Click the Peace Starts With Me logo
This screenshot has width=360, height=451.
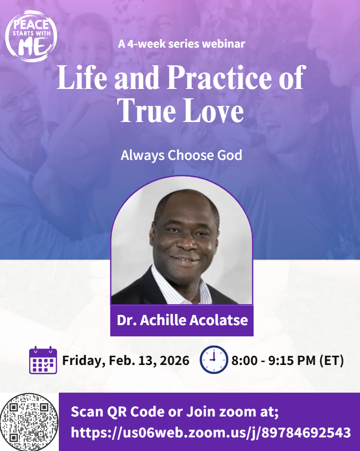pos(31,36)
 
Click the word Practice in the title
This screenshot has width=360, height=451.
pos(220,77)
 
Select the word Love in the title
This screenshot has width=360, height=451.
pos(213,110)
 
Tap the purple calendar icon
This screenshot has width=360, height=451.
pos(43,360)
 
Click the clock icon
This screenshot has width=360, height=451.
pos(214,360)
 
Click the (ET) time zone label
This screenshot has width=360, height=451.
pos(331,361)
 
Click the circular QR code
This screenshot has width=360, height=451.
pos(29,422)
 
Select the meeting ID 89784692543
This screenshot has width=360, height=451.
pos(306,433)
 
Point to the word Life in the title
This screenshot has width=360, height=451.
pos(82,77)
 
